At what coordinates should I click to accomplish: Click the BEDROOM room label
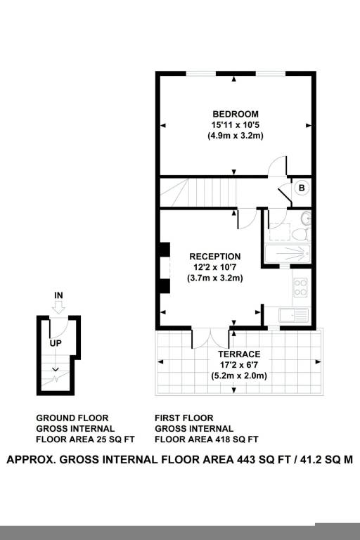tap(236, 114)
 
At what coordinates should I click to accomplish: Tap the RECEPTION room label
tap(215, 257)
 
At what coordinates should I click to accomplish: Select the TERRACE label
tap(239, 354)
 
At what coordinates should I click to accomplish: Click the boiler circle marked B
tap(302, 188)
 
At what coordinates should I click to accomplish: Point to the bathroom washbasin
tap(306, 219)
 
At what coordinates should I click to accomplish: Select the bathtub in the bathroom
tap(288, 254)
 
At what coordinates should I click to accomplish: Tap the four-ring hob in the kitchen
tap(300, 287)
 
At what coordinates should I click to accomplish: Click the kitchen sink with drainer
tap(293, 315)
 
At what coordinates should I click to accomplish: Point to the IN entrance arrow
tap(59, 307)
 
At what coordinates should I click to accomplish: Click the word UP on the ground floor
tap(56, 343)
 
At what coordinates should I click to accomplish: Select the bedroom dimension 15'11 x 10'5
tap(236, 124)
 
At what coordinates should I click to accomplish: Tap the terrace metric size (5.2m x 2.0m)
tap(239, 375)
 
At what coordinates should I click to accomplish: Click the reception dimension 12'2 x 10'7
tap(215, 267)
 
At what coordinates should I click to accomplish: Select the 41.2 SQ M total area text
tap(326, 460)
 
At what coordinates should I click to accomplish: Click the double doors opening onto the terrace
tap(210, 339)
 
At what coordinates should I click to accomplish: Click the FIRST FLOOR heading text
tap(184, 418)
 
